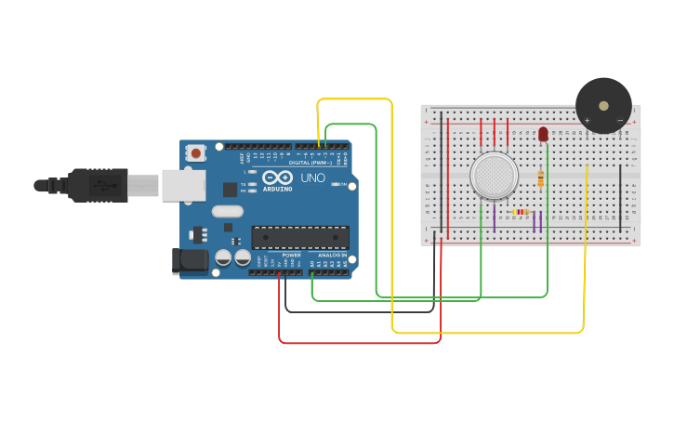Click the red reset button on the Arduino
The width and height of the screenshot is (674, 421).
pos(196,152)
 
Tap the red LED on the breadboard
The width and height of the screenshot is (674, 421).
pos(543,135)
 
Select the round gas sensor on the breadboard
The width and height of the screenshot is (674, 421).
pos(494,175)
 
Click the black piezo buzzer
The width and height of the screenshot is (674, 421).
pos(603,105)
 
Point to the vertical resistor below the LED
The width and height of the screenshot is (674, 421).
pos(541,178)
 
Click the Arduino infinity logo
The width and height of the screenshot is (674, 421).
pos(277,178)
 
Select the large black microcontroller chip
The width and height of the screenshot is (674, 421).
pos(300,238)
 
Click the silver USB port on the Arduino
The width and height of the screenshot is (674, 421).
pos(183,185)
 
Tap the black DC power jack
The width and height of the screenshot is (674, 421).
pos(191,260)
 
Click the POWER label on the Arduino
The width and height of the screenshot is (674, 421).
pos(292,255)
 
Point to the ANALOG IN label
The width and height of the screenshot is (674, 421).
pos(331,255)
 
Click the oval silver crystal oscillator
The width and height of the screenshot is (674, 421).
pos(227,212)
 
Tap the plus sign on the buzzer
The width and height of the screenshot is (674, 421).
pos(587,120)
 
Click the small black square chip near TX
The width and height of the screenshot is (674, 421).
pos(230,190)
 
